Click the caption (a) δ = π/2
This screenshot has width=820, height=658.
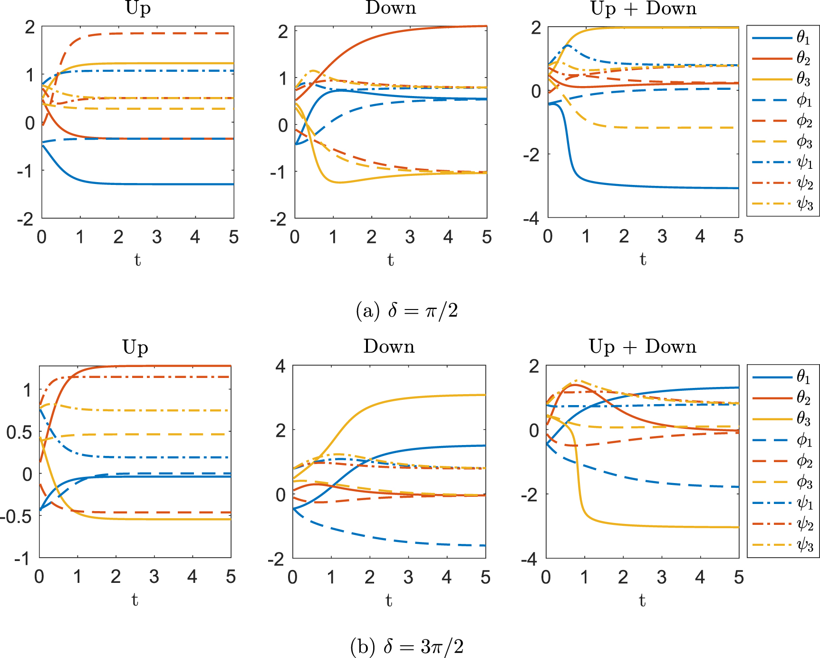tap(406, 311)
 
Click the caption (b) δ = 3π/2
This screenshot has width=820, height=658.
tap(406, 647)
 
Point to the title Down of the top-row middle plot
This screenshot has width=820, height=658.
tap(391, 8)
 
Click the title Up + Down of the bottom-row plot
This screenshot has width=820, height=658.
tap(642, 347)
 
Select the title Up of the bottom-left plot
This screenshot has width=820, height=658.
tap(135, 347)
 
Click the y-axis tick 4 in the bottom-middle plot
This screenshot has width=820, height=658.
tap(281, 366)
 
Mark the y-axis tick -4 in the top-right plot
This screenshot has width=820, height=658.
tap(531, 219)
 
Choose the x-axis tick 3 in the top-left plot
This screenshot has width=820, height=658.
tap(157, 236)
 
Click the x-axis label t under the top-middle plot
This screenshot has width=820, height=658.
tap(390, 260)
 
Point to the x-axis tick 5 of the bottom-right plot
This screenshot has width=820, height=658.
tap(738, 577)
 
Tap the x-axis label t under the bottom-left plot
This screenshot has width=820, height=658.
tap(135, 600)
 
